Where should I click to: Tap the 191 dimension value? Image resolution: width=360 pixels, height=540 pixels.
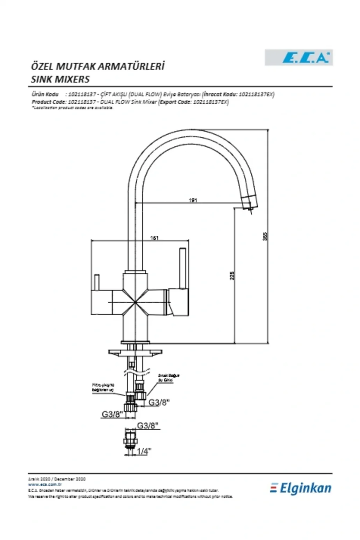pos(193,200)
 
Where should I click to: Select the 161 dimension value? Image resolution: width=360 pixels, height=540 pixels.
pos(155,238)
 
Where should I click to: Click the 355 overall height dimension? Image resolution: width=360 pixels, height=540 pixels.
pos(265,236)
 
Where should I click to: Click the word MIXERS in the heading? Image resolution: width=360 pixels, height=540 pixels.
pos(72,79)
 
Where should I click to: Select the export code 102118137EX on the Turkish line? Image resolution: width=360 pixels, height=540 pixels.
pos(256,94)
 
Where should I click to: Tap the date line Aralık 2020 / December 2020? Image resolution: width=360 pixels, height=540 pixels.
pos(57,479)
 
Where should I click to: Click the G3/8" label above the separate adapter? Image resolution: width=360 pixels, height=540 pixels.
pos(148,425)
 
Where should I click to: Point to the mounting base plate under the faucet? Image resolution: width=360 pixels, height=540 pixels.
pos(135,352)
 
